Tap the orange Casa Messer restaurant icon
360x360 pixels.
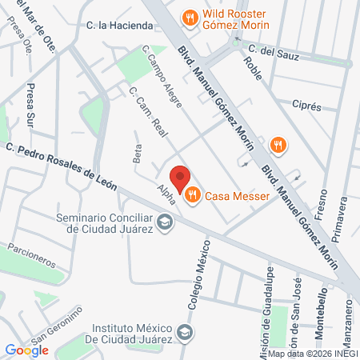(x=193, y=194)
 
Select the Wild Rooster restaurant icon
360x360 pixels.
(x=190, y=16)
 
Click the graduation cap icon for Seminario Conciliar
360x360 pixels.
(x=165, y=222)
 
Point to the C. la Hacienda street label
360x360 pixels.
(x=119, y=26)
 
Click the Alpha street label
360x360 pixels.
(x=166, y=193)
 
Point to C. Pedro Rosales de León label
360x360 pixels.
(x=61, y=166)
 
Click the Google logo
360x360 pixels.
(x=26, y=350)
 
